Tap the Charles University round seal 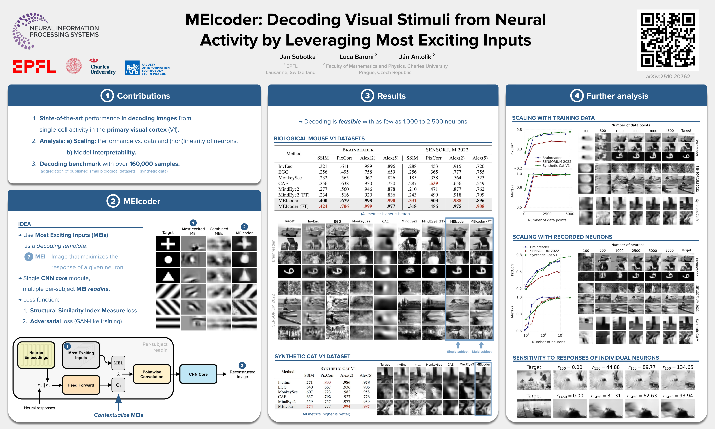point(74,66)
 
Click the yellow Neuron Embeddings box point(36,355)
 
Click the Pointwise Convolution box point(152,374)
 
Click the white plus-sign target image point(168,243)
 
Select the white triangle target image point(168,275)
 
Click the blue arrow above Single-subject point(458,345)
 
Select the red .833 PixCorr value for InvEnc point(327,382)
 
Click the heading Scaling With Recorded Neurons point(562,237)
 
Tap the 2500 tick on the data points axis point(547,214)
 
